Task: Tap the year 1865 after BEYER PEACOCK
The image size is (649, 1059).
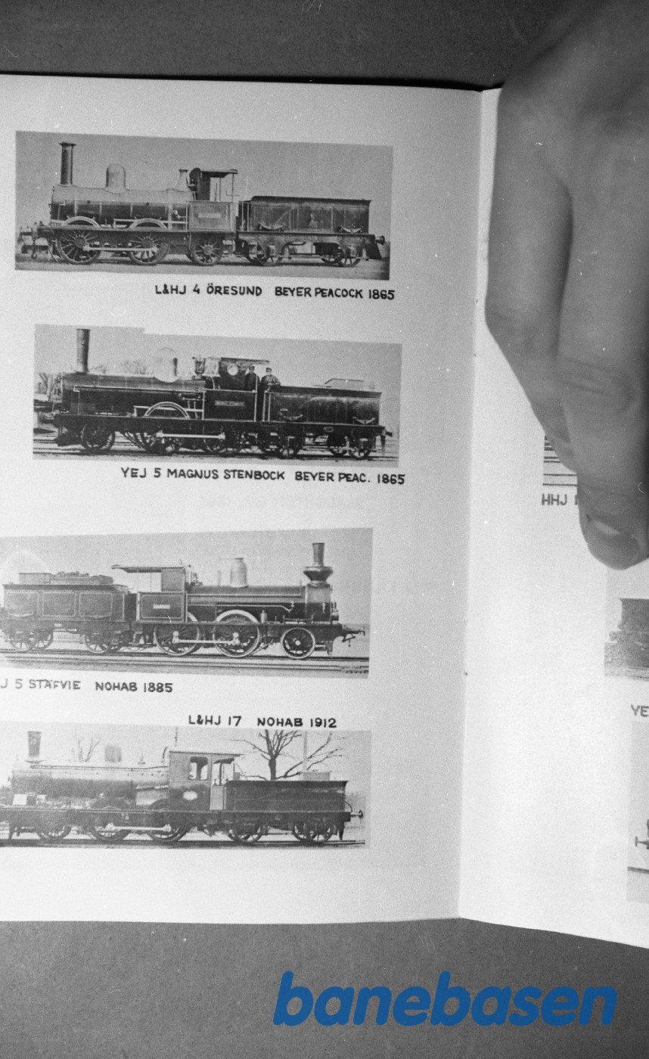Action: click(381, 294)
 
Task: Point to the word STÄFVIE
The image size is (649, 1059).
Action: click(54, 685)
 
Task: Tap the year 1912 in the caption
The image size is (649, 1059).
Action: click(321, 722)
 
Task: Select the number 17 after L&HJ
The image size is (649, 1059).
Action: click(233, 721)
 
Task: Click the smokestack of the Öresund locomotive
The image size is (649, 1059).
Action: click(67, 163)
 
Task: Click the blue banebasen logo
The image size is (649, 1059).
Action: click(445, 1000)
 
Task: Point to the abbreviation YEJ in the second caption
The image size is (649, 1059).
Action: click(134, 474)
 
